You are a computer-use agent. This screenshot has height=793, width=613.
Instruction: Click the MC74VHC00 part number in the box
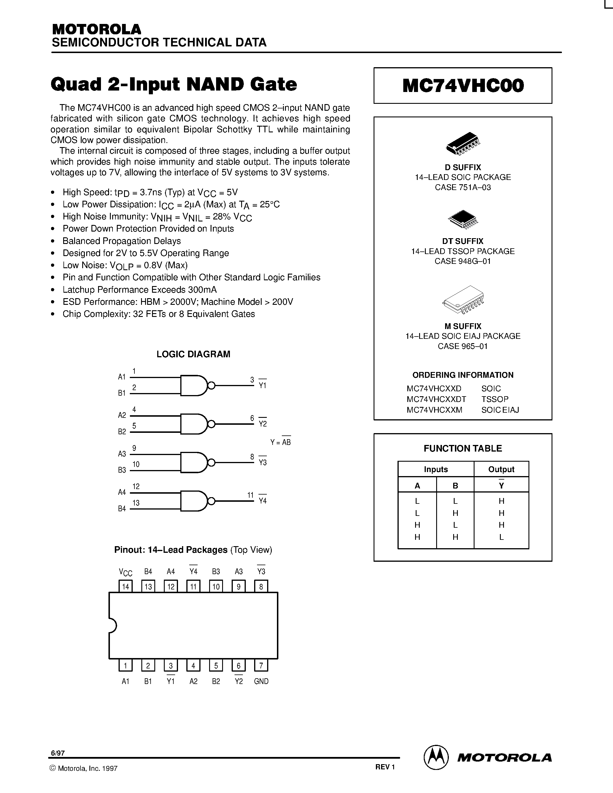[x=463, y=86]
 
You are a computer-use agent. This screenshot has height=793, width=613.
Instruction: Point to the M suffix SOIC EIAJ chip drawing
[x=463, y=300]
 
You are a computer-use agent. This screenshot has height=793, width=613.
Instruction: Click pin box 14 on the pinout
[x=126, y=587]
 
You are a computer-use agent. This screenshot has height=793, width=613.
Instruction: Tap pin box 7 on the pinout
[x=261, y=665]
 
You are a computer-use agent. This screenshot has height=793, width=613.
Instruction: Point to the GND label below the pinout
[x=261, y=681]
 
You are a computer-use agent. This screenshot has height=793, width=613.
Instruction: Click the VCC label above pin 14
[x=126, y=572]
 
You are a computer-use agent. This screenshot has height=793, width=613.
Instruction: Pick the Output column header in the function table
[x=501, y=469]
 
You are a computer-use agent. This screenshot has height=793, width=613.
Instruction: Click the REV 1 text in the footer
[x=385, y=767]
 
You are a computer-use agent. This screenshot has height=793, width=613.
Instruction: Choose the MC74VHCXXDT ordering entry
[x=436, y=399]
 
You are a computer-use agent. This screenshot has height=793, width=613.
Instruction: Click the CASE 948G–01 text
[x=463, y=261]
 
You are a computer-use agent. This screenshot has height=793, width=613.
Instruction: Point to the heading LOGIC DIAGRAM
[x=193, y=354]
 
